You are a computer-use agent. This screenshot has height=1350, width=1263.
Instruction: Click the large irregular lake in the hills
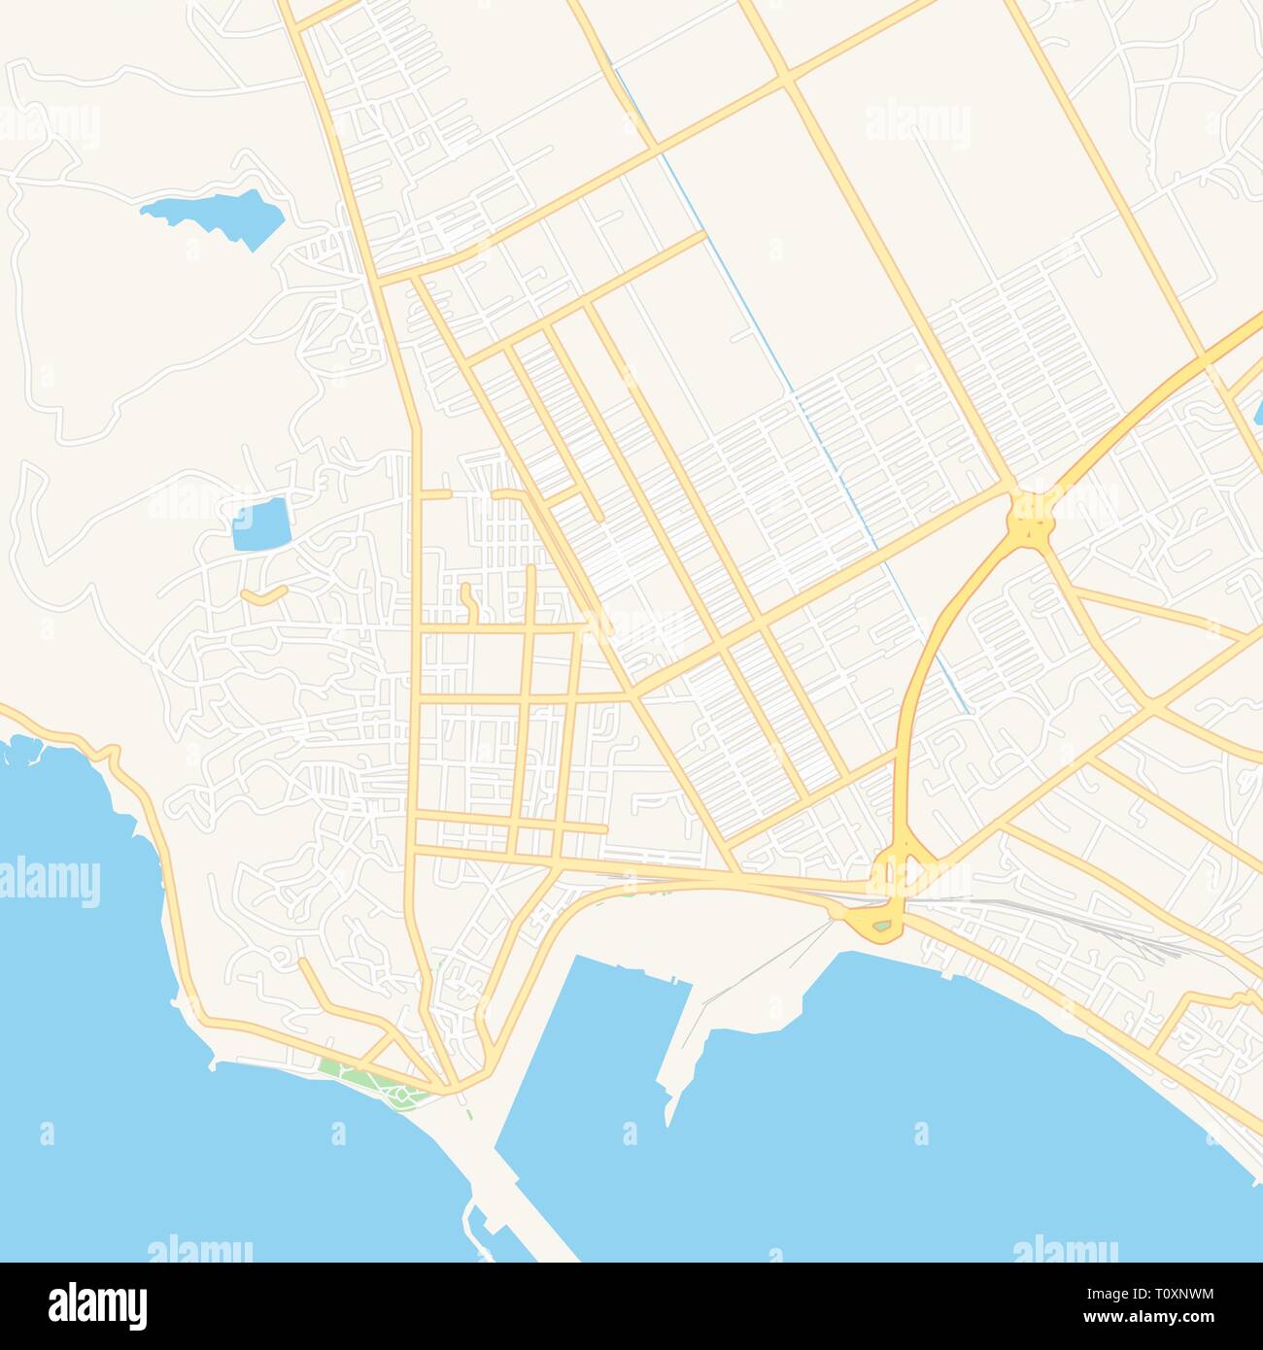[x=219, y=216]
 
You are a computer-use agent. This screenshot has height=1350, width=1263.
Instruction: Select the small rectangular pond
[x=261, y=524]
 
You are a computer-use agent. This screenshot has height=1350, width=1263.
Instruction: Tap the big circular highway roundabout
[x=1031, y=517]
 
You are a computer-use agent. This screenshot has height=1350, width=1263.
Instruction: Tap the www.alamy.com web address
[x=1162, y=1317]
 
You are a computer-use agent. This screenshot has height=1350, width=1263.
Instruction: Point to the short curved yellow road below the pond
[x=263, y=594]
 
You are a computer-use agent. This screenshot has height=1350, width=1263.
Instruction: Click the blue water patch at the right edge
[x=1258, y=413]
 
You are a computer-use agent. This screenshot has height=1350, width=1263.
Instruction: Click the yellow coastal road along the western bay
[x=165, y=874]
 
